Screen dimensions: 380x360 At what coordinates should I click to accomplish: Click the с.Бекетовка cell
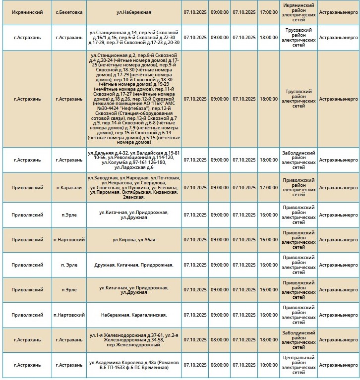[69, 11]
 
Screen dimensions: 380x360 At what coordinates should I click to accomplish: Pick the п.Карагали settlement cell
[69, 188]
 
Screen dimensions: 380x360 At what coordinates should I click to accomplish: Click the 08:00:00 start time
[219, 340]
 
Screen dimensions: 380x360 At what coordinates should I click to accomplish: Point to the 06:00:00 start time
[219, 365]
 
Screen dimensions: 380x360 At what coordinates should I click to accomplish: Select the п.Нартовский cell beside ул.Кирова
[69, 240]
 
